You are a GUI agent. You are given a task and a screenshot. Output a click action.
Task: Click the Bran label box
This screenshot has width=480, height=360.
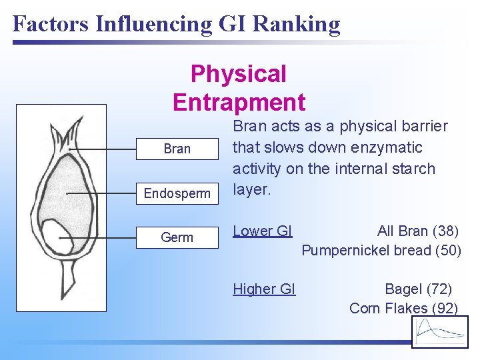pyautogui.click(x=177, y=149)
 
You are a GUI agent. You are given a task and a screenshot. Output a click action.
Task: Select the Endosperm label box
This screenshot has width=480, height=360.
pyautogui.click(x=177, y=194)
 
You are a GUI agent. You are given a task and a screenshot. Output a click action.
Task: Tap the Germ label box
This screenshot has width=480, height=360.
pyautogui.click(x=177, y=237)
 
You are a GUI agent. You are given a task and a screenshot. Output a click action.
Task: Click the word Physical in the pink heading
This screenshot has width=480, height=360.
pyautogui.click(x=238, y=74)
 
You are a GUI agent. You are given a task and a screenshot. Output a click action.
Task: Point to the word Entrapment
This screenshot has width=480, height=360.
pyautogui.click(x=239, y=103)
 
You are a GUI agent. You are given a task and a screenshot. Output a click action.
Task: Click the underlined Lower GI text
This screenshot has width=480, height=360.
pyautogui.click(x=263, y=231)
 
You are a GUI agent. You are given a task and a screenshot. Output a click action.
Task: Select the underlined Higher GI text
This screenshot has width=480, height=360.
pyautogui.click(x=264, y=289)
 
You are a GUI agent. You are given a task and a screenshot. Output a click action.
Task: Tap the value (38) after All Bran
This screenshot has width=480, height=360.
pyautogui.click(x=445, y=231)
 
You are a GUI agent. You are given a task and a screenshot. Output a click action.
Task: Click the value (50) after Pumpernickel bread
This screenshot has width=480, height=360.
pyautogui.click(x=448, y=251)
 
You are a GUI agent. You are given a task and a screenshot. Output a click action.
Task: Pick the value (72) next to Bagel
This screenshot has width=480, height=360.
pyautogui.click(x=438, y=289)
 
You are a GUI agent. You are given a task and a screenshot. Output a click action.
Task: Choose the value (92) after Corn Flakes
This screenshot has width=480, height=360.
pyautogui.click(x=445, y=308)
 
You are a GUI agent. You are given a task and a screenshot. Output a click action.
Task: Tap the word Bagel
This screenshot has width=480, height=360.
pyautogui.click(x=403, y=289)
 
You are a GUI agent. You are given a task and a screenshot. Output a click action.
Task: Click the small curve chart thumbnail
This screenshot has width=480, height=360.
pyautogui.click(x=440, y=331)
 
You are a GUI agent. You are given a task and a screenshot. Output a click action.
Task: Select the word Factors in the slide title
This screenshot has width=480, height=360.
pyautogui.click(x=51, y=25)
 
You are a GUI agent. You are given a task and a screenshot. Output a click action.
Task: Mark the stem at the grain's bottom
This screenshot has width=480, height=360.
pyautogui.click(x=68, y=280)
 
